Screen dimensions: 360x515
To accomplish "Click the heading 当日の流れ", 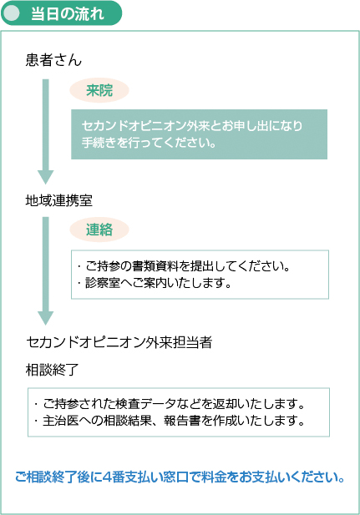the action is tap(68, 14).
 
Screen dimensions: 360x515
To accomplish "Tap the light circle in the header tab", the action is tap(13, 13).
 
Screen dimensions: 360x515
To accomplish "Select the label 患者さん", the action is tap(53, 60).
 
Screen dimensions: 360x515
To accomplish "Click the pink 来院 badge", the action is tap(99, 90).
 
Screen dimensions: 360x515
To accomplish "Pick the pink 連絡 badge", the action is tap(99, 230).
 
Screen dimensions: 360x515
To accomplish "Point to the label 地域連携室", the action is tap(59, 200).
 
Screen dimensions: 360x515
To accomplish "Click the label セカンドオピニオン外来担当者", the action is tap(119, 342).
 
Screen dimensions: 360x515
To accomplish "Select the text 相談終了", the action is tap(53, 370).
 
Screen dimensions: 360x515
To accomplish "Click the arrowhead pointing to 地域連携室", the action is tap(45, 177).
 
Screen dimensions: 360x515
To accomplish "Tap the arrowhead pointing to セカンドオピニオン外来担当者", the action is tap(45, 318).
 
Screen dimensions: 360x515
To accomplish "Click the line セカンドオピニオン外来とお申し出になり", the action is tap(192, 126).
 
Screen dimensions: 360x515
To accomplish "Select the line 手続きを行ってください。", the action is tap(149, 143).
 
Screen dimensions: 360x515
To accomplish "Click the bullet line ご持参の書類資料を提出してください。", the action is tap(184, 266).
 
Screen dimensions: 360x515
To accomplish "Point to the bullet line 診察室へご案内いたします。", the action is tap(155, 283).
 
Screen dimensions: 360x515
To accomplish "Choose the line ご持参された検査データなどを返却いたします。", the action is tap(170, 404).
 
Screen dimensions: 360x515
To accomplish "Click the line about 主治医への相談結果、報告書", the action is tap(170, 421).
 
